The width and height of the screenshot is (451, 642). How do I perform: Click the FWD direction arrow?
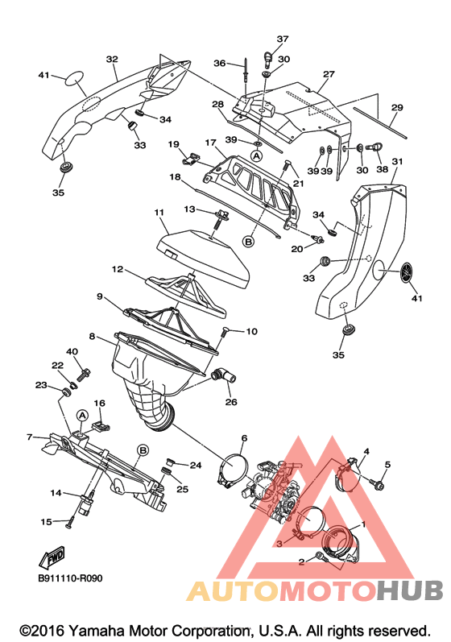coord(52,557)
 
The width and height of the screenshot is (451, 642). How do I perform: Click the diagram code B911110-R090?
coord(70,578)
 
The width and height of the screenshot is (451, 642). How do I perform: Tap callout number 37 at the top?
coord(283,39)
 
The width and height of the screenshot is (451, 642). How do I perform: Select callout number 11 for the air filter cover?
coord(159,213)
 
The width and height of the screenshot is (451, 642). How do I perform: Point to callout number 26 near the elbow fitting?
coord(231,402)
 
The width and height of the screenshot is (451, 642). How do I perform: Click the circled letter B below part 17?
coord(248,242)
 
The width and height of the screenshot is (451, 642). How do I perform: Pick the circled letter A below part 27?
coord(257,155)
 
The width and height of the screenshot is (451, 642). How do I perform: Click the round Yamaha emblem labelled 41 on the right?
coord(408,272)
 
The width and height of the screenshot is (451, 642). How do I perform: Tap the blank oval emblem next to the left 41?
coord(74,77)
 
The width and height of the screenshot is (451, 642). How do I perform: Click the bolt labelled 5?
coord(378,484)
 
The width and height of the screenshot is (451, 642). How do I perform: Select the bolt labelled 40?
coord(84,375)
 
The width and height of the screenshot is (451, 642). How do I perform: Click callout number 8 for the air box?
coord(92,336)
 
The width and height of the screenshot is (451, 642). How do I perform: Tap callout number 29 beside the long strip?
coord(397,107)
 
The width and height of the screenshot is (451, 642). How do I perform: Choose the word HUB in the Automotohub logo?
coord(410,590)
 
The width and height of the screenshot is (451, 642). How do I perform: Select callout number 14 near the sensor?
coord(56,493)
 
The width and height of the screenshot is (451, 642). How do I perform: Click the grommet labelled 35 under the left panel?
coord(64,167)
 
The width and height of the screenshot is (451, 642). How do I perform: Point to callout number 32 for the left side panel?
coord(112,59)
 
